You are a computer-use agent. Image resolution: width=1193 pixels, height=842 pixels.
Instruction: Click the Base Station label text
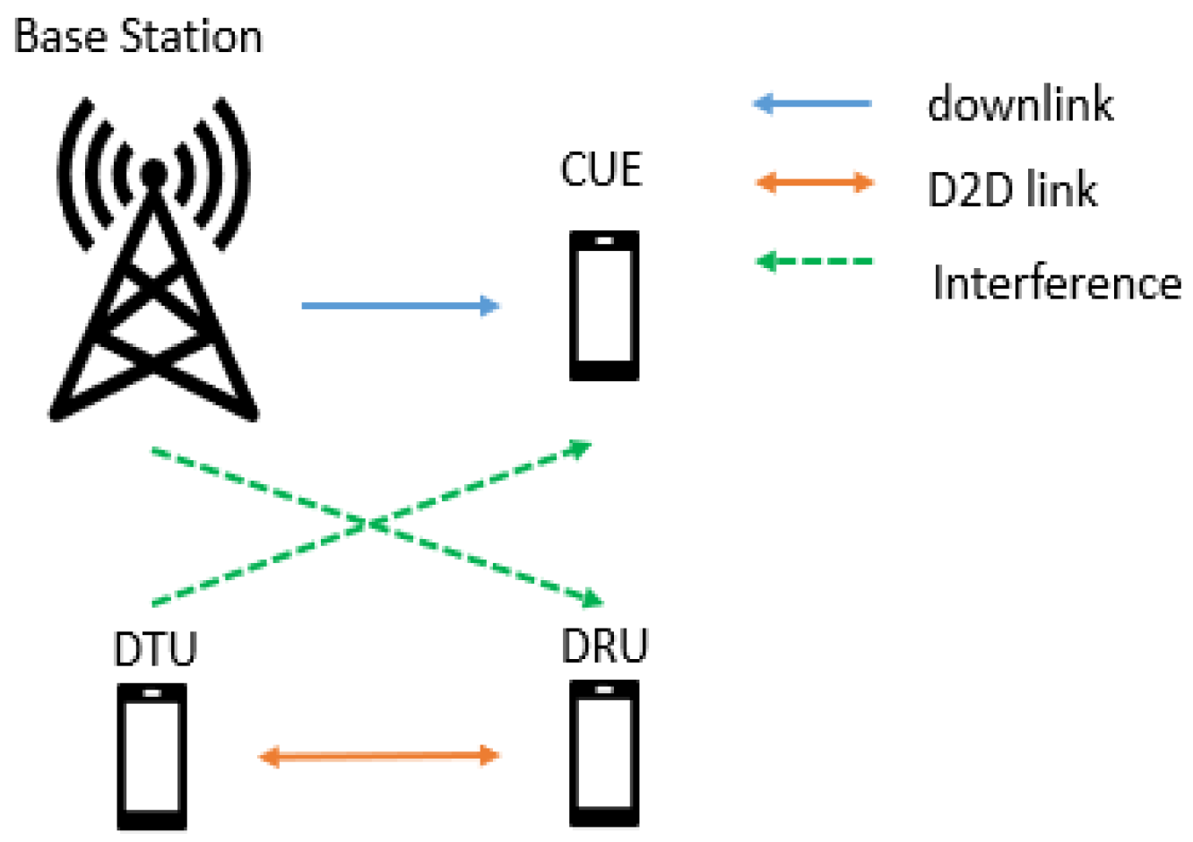click(x=138, y=38)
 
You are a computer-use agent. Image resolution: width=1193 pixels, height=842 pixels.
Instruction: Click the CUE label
click(x=601, y=169)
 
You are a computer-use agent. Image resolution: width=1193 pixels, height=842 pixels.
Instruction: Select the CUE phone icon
click(x=604, y=306)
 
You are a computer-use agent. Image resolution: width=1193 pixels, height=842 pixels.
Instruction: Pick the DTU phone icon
click(x=152, y=757)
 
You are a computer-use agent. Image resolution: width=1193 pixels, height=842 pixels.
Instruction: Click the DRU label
click(x=604, y=646)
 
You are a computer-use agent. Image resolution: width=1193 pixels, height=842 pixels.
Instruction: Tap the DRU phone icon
click(x=604, y=753)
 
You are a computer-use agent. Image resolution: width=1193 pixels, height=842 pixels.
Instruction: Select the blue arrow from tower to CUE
click(x=400, y=306)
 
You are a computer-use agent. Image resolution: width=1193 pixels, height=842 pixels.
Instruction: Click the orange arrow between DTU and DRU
click(x=378, y=756)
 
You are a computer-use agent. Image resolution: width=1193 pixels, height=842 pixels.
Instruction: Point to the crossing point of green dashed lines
click(x=368, y=523)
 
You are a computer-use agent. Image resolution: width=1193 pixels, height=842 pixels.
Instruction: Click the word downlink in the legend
click(x=1020, y=104)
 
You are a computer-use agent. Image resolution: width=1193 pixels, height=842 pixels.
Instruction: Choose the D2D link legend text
click(x=1012, y=189)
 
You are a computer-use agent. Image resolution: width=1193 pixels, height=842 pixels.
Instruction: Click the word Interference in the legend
click(x=1057, y=282)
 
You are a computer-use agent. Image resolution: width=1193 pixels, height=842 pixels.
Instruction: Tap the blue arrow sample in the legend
click(x=812, y=104)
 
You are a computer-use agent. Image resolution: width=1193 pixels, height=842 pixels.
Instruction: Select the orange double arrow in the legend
click(x=815, y=183)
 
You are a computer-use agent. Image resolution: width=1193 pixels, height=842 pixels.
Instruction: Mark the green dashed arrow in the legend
click(x=814, y=262)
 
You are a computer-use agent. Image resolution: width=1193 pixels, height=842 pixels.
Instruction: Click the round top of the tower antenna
click(x=154, y=171)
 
